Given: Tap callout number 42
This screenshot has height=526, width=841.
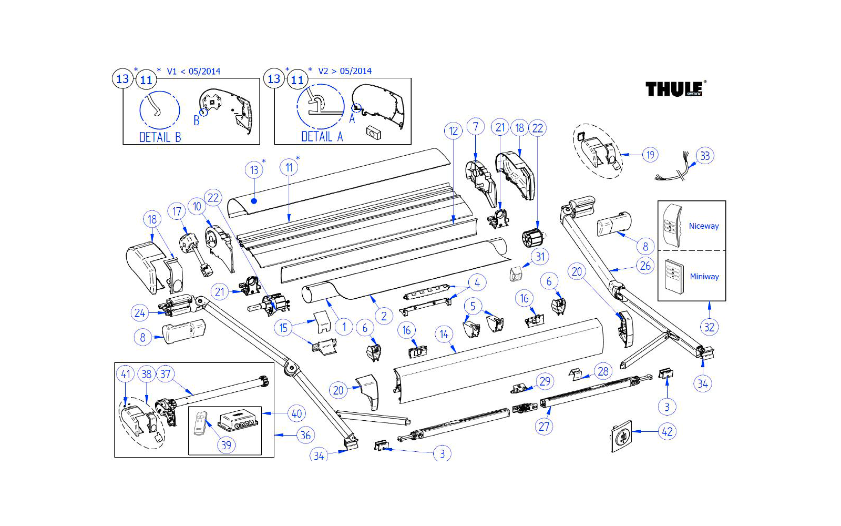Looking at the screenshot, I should point(667,432).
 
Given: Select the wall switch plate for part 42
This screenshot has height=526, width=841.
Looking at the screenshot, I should point(621,436).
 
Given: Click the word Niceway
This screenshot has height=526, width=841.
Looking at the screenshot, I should point(704,226).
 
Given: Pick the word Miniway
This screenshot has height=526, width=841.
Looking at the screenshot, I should point(704,277).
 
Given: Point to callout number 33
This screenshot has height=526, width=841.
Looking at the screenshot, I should point(705,156).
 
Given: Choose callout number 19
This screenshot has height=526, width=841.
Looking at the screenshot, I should point(650,155).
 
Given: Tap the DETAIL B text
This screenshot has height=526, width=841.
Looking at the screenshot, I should point(160,137).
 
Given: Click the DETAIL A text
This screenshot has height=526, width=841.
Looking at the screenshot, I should point(322,137).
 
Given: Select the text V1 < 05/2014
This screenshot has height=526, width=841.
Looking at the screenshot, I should point(193,72).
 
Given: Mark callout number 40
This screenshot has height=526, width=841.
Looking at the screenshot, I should point(296,413).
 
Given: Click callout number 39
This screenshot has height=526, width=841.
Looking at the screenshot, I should point(226,445).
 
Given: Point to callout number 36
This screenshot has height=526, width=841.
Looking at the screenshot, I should point(305,435).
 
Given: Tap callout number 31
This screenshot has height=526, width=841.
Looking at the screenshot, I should point(540,257).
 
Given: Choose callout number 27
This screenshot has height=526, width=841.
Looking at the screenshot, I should point(544,427).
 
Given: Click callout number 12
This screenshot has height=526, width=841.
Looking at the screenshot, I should point(453,131).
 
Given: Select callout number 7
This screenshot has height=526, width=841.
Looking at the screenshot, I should point(476,127).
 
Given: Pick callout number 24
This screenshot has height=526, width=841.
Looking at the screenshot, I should point(139,313).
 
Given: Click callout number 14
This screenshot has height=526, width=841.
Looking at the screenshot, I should point(444,334).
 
